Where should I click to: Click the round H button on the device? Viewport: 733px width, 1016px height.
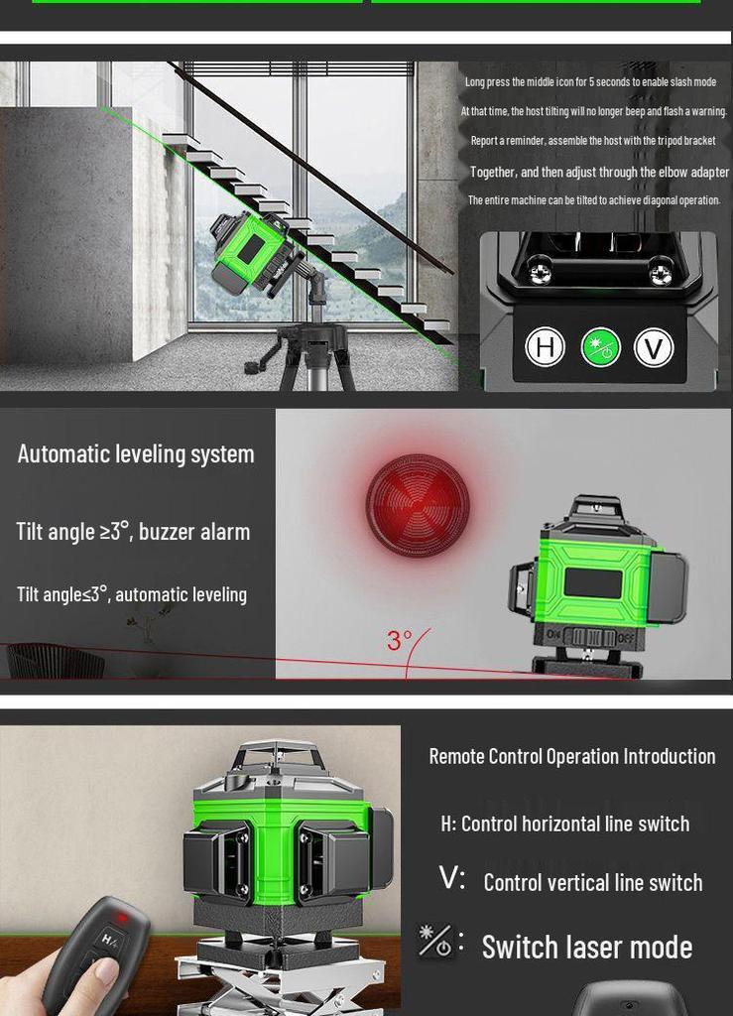pyautogui.click(x=545, y=347)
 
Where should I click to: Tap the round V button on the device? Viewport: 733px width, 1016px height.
pyautogui.click(x=654, y=347)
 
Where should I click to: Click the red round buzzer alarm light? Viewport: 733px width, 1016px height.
pyautogui.click(x=418, y=505)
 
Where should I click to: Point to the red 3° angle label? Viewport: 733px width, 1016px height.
pyautogui.click(x=400, y=640)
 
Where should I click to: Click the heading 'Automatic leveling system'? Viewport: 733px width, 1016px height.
pyautogui.click(x=136, y=454)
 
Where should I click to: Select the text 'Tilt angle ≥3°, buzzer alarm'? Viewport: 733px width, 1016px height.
pyautogui.click(x=133, y=532)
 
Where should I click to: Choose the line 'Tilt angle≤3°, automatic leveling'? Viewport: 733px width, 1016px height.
pyautogui.click(x=132, y=595)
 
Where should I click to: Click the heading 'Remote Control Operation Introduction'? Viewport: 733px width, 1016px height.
pyautogui.click(x=571, y=757)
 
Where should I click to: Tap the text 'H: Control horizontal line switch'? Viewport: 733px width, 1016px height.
pyautogui.click(x=564, y=824)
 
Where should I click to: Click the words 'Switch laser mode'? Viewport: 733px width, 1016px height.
pyautogui.click(x=586, y=948)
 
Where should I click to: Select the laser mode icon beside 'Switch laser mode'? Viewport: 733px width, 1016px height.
pyautogui.click(x=435, y=941)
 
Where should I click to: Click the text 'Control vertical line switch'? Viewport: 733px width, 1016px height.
pyautogui.click(x=592, y=883)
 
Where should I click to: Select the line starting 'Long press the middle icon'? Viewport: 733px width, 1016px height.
pyautogui.click(x=590, y=82)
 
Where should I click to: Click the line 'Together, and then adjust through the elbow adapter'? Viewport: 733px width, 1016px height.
pyautogui.click(x=599, y=173)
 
